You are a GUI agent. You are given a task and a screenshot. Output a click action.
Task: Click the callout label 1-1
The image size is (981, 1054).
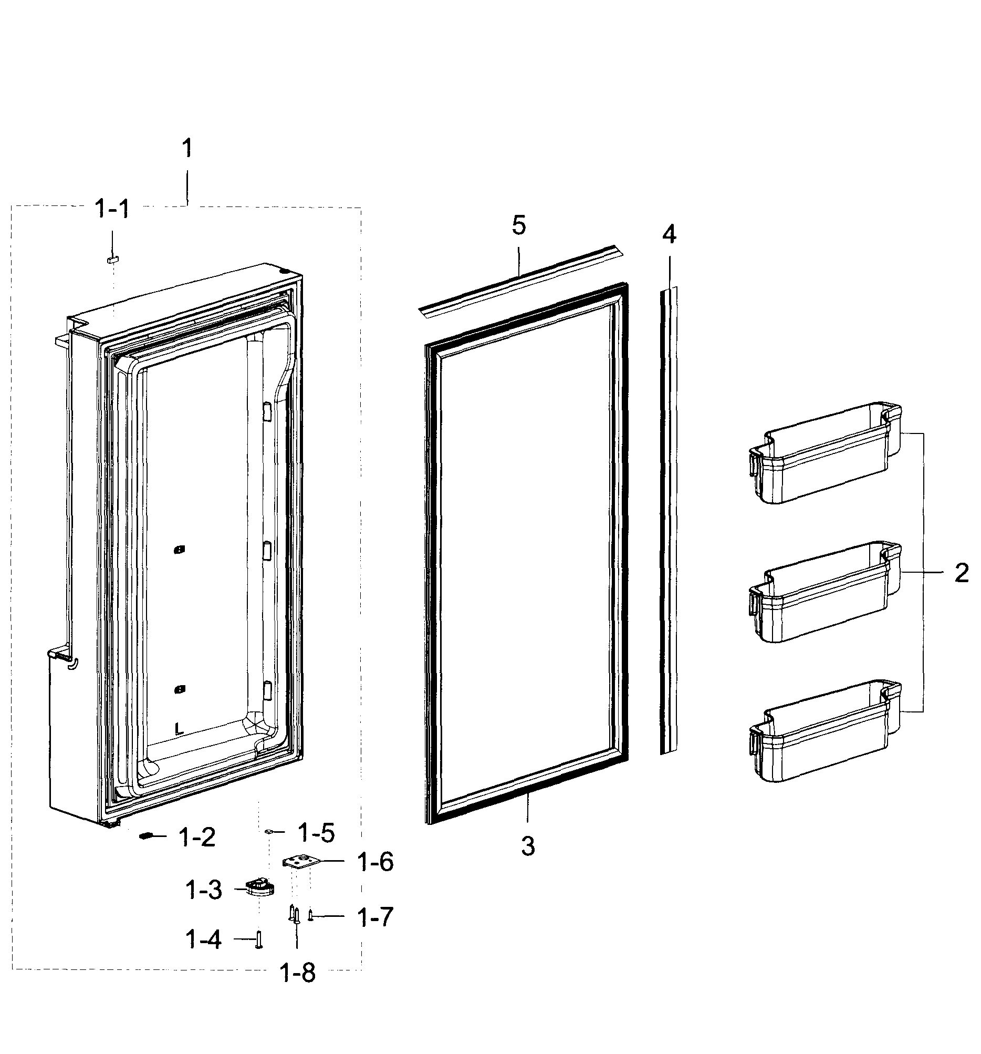[111, 209]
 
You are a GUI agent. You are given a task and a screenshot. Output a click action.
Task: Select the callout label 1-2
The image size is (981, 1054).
[197, 838]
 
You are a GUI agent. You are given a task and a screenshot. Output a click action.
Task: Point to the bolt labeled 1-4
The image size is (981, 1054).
[258, 940]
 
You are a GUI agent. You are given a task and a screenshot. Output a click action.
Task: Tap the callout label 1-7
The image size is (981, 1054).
[374, 917]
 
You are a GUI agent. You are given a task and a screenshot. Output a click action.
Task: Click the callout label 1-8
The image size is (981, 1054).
[297, 973]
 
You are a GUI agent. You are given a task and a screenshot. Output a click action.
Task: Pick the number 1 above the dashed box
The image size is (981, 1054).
[186, 148]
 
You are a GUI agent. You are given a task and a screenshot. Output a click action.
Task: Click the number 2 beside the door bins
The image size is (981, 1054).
[962, 573]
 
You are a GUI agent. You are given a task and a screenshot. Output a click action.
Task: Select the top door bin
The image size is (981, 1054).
[824, 453]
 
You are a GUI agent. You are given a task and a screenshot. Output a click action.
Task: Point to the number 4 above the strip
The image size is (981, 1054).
[670, 234]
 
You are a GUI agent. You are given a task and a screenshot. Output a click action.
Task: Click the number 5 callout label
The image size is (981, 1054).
[518, 225]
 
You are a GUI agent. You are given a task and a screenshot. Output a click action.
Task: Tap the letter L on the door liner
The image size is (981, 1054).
[179, 728]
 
